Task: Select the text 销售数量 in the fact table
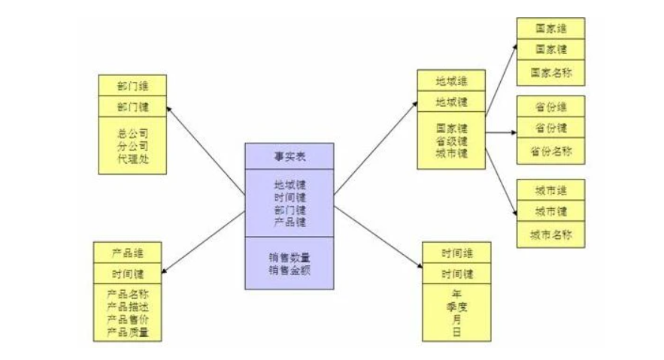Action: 290,256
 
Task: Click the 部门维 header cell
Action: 132,84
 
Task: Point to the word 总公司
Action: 132,133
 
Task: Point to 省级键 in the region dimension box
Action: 451,140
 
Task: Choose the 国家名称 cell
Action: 550,72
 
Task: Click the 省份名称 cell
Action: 550,150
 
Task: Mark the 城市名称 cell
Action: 550,234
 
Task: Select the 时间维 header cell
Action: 456,253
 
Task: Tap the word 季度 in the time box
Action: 456,307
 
